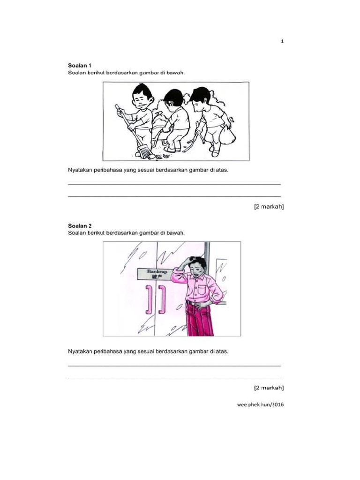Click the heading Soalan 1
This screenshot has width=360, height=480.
tap(80, 66)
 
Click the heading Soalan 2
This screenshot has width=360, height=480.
tap(80, 226)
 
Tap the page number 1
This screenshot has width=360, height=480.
tap(282, 41)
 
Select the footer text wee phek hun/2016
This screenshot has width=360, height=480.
tap(260, 405)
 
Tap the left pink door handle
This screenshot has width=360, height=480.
tap(149, 300)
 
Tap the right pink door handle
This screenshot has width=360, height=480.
tap(162, 300)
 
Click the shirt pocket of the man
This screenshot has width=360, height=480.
tap(202, 290)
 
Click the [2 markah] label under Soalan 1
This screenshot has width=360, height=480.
tap(269, 207)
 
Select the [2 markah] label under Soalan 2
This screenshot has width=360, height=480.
tap(269, 388)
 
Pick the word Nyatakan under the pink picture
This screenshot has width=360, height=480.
tap(80, 352)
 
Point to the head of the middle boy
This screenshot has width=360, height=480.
tap(173, 97)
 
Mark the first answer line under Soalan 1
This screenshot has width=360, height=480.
tap(174, 184)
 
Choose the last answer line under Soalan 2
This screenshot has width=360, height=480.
tap(174, 378)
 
